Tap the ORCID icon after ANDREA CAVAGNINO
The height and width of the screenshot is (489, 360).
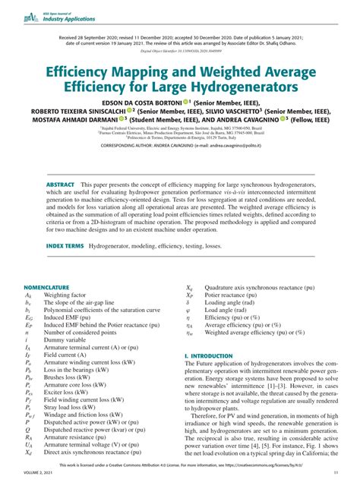[x=283, y=118]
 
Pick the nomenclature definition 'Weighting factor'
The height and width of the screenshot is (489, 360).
[x=65, y=295]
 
